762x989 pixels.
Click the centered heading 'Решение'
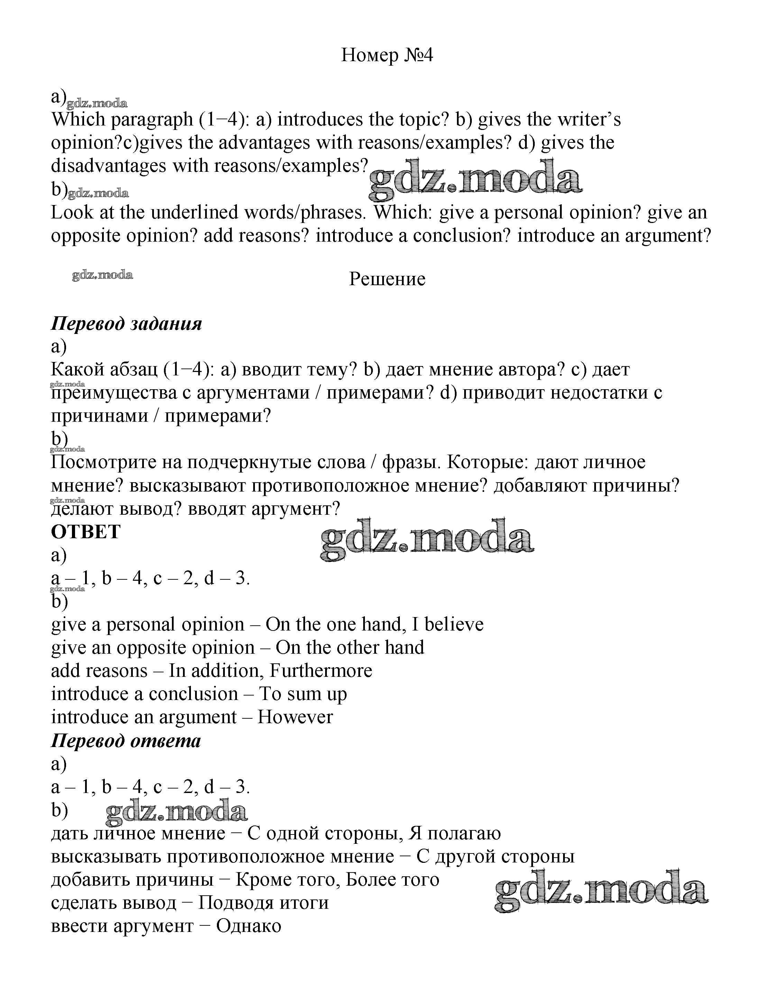(x=387, y=279)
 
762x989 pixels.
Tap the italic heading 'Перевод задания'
(x=126, y=324)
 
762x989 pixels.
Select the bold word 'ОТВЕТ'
(x=86, y=531)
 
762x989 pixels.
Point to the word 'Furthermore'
(x=321, y=671)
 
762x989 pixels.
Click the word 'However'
(x=295, y=717)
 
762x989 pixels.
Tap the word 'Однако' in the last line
(x=249, y=926)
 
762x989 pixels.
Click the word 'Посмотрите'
(x=116, y=462)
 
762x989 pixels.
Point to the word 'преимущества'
(x=114, y=393)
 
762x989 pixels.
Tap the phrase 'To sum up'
(x=303, y=694)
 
